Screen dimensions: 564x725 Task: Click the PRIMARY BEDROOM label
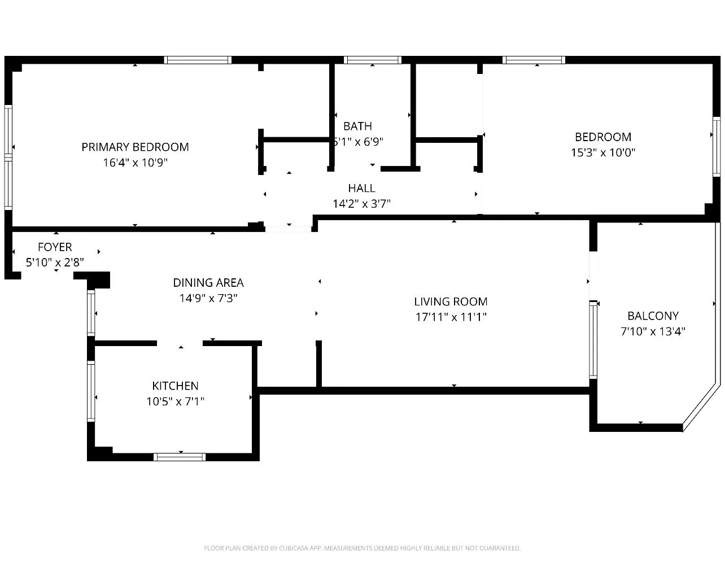(135, 147)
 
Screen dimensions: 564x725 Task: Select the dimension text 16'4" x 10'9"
(135, 163)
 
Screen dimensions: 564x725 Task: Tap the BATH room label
(357, 126)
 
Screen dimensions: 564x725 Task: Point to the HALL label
(361, 188)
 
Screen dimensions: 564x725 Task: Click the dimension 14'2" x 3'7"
(361, 204)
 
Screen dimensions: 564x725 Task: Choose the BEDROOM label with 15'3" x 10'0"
(602, 137)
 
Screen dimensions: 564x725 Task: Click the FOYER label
(55, 247)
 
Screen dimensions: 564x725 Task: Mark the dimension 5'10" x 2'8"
(55, 263)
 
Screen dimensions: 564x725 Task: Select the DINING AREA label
(208, 282)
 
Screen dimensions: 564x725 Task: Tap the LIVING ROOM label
(451, 301)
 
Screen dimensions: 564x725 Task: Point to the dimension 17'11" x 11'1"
(451, 317)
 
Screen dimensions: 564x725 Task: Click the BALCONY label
(653, 316)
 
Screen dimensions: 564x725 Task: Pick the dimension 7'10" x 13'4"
(653, 331)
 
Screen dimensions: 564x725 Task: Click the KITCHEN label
(175, 386)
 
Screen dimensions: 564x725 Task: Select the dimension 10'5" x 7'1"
(175, 401)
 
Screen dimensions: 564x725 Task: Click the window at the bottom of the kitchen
(180, 457)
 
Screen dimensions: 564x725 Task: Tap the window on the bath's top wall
(373, 60)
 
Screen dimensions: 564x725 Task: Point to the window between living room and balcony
(593, 339)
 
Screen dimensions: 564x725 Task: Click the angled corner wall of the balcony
(702, 406)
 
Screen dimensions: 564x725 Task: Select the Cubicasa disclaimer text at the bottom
(362, 548)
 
